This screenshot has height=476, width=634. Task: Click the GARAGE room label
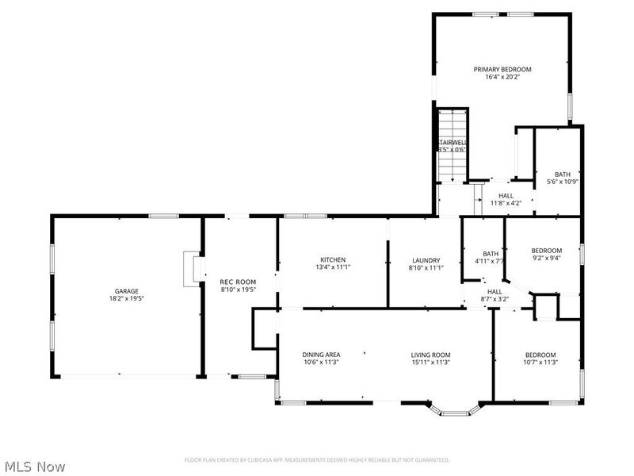(126, 291)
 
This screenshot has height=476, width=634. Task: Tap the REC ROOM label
(238, 282)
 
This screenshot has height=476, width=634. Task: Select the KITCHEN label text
(332, 260)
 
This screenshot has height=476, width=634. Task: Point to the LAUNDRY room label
(426, 260)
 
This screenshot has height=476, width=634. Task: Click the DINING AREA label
(321, 355)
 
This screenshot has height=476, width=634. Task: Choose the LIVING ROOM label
(430, 355)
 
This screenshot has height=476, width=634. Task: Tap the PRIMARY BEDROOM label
(502, 70)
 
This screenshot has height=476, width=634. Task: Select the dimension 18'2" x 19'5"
(126, 299)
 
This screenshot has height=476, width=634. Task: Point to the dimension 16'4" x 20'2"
(502, 78)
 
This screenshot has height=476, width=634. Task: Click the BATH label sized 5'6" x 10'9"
(562, 175)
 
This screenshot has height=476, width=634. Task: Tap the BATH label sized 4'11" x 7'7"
(491, 254)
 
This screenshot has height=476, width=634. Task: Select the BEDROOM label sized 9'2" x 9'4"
(546, 251)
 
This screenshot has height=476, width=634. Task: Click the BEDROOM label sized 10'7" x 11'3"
(540, 355)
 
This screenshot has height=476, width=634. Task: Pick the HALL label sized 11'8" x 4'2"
(506, 195)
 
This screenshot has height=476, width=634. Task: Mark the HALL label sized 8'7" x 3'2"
(495, 292)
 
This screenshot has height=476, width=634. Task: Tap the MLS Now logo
(33, 466)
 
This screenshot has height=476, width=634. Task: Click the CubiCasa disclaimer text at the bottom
(317, 460)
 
